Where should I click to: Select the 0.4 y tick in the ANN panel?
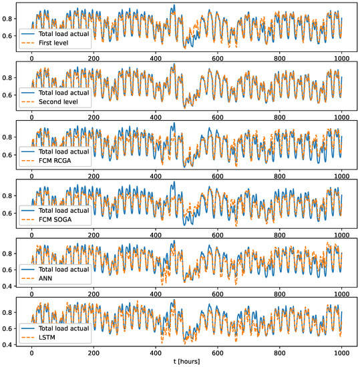(x=9, y=285)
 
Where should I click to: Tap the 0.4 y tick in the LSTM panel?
(x=9, y=344)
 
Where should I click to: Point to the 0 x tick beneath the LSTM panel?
(x=31, y=352)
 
